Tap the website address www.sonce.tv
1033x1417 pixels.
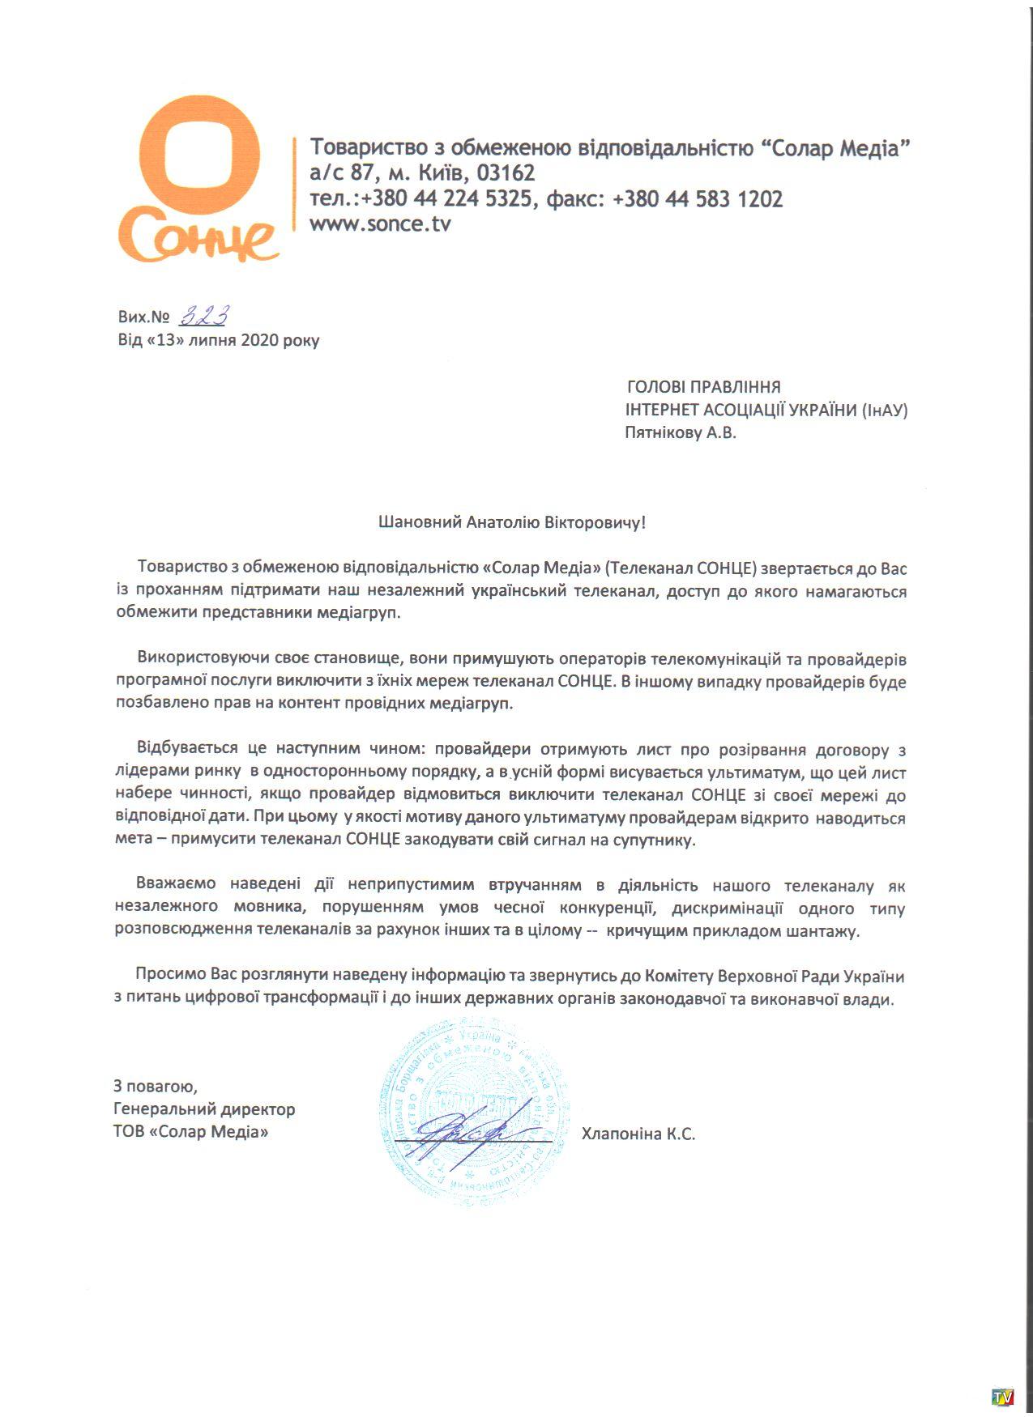click(380, 224)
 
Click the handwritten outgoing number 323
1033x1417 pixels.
click(204, 316)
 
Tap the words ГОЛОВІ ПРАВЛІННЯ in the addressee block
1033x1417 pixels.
click(703, 387)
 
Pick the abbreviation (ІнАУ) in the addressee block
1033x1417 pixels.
click(884, 411)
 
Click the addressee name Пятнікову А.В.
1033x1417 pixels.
click(680, 433)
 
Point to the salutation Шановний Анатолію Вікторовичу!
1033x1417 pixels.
click(512, 522)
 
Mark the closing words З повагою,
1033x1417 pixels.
click(155, 1086)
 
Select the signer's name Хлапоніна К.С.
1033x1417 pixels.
click(638, 1134)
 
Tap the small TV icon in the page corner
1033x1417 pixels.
click(1003, 1398)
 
